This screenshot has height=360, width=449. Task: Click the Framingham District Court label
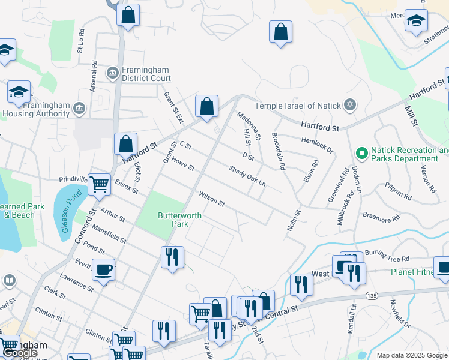click(147, 74)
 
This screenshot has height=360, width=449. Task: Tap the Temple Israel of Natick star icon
click(351, 106)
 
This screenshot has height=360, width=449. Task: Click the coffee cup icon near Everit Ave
click(103, 269)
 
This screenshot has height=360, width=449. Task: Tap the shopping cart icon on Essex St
click(99, 185)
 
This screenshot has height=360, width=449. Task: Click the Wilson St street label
click(211, 200)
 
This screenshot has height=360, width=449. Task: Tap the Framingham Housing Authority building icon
click(79, 108)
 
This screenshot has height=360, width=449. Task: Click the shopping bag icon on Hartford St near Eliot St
click(125, 144)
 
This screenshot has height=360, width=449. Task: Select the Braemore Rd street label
click(381, 215)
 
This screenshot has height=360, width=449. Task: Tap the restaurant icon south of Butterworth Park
click(172, 257)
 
